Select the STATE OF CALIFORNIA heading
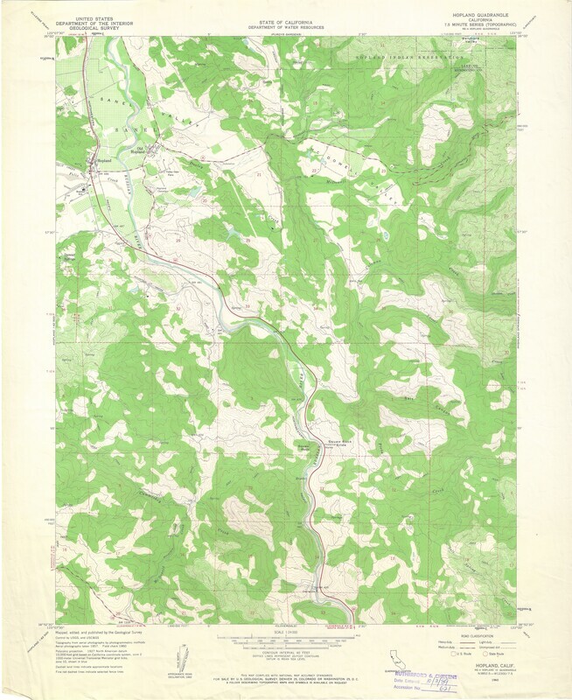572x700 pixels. [x=285, y=17]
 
